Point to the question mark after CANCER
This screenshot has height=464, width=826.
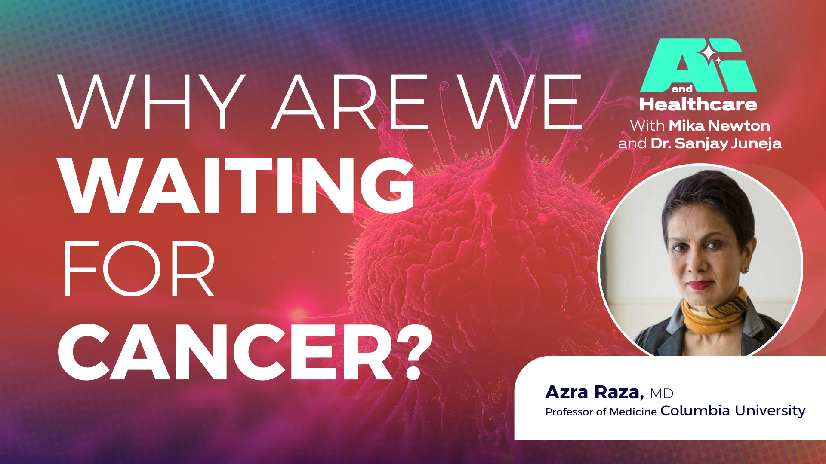[x=413, y=352]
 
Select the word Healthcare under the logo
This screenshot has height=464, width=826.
[x=698, y=105]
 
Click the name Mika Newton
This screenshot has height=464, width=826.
[x=719, y=126]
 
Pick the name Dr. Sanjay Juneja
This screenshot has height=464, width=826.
[x=716, y=143]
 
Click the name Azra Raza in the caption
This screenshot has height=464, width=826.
[x=594, y=392]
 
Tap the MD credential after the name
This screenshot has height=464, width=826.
[x=662, y=394]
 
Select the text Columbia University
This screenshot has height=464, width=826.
[x=733, y=411]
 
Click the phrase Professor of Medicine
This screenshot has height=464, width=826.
[x=601, y=412]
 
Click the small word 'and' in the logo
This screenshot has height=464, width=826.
[x=682, y=89]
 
